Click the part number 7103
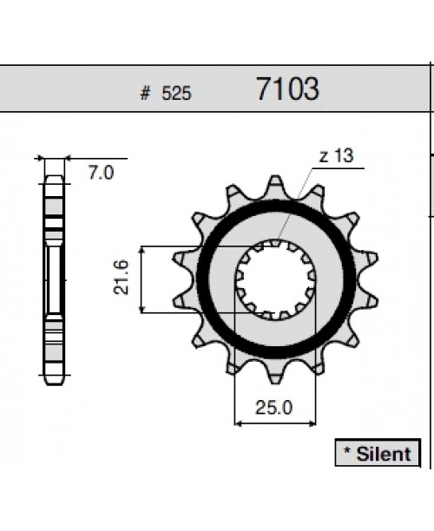287,89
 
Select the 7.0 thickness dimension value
102,173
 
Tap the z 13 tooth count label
336,156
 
